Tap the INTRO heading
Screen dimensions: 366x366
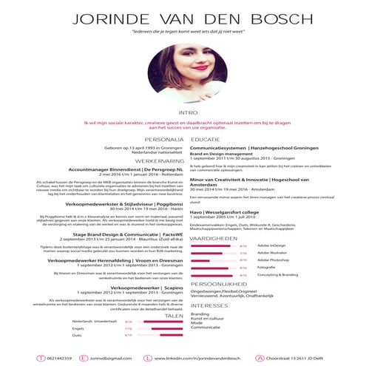click(x=183, y=113)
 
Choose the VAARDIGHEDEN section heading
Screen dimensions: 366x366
click(x=214, y=240)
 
